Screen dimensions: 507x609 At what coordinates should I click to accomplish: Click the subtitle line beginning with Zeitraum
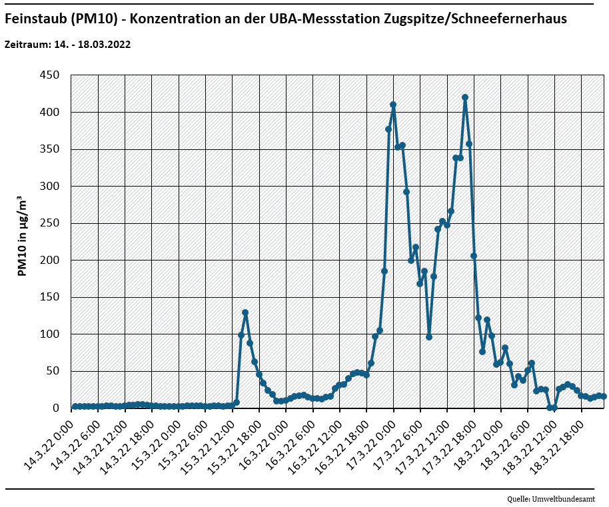67,45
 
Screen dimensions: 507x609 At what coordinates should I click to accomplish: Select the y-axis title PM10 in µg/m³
21,237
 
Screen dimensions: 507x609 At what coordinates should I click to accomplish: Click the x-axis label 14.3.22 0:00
52,436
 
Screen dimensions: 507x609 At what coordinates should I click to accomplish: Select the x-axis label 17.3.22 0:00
373,436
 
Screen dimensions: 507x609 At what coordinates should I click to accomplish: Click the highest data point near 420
465,97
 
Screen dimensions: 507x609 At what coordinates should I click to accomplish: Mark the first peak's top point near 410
393,105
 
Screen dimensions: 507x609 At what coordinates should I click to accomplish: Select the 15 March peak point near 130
245,312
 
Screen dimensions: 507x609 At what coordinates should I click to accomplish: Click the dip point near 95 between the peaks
429,337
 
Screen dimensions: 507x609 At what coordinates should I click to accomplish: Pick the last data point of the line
604,396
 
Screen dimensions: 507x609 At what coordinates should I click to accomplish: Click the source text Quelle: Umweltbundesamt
550,499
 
